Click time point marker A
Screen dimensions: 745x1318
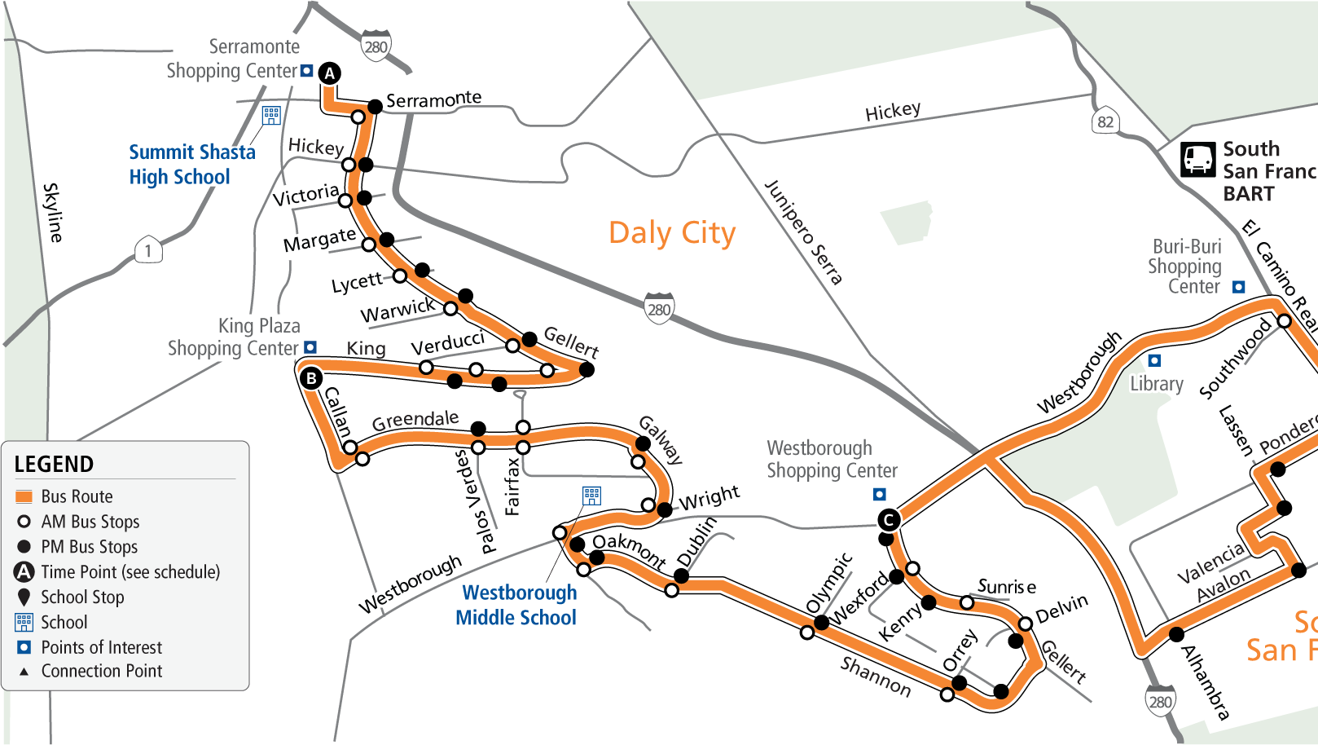[x=329, y=73]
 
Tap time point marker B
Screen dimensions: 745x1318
[x=311, y=378]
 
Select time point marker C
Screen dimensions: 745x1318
[x=889, y=520]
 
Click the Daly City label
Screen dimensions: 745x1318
[x=672, y=233]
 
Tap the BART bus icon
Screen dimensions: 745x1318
[x=1198, y=159]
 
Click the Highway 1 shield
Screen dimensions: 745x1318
[x=148, y=250]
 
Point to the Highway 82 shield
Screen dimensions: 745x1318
[x=1105, y=122]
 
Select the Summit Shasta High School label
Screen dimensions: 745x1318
[x=191, y=165]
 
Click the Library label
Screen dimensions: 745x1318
[x=1156, y=384]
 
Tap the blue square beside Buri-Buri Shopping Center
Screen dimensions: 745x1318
[x=1239, y=287]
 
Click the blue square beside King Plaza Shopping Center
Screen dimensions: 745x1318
[x=310, y=347]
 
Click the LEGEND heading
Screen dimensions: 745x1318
[x=54, y=465]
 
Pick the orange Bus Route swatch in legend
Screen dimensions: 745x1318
[x=24, y=496]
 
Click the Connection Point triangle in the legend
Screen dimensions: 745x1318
[x=24, y=672]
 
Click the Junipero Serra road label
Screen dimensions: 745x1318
[x=803, y=232]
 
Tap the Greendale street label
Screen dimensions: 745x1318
[x=415, y=421]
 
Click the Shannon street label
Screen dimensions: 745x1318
[x=876, y=677]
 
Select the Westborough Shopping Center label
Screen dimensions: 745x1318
[x=832, y=460]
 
